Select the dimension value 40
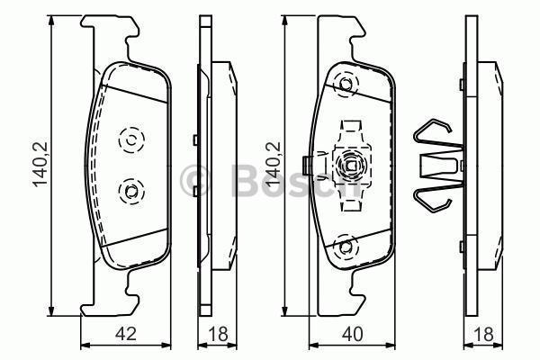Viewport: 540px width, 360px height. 354,334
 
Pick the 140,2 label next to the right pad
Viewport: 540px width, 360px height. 274,166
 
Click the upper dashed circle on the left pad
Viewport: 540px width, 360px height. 130,139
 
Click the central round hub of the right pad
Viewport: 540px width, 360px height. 349,165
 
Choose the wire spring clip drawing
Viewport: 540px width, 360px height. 435,164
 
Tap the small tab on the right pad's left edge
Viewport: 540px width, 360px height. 310,165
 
